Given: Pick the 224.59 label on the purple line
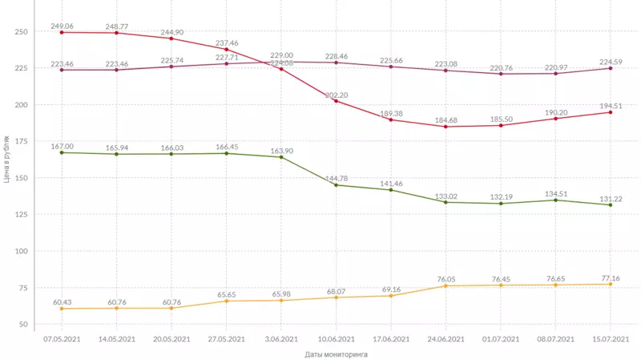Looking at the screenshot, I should tap(610, 61).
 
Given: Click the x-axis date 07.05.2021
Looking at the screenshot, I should tap(62, 339).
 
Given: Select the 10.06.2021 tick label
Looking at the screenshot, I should tap(336, 339).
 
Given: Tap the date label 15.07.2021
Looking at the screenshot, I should tap(610, 339).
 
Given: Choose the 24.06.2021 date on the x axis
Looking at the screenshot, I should tap(445, 339).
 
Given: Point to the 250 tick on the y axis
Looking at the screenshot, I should tap(22, 32).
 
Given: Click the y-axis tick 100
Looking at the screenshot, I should tap(22, 251).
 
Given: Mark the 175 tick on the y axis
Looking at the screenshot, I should tap(22, 142).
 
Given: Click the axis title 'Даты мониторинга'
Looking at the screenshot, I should tap(336, 354).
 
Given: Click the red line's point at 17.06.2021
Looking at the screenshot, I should tap(391, 119).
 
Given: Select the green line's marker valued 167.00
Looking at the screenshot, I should tap(62, 152).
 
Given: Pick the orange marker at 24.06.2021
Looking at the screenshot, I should tap(445, 286).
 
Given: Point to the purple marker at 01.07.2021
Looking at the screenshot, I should tap(501, 74).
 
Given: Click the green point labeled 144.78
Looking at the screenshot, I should tap(336, 185).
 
